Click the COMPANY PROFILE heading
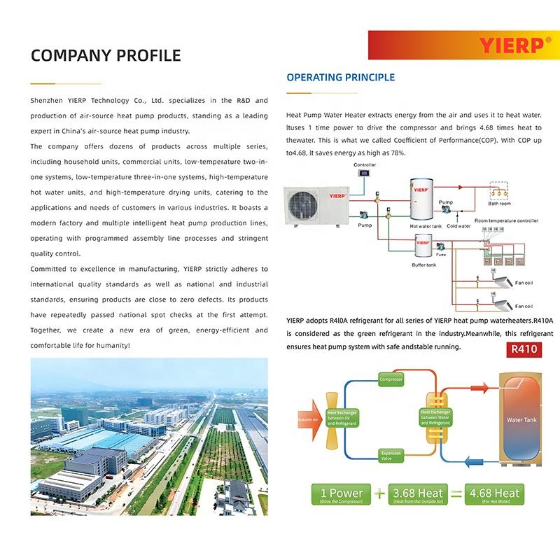[106, 55]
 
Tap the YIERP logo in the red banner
[511, 45]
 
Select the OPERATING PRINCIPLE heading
[341, 77]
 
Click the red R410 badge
[523, 349]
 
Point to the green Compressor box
[391, 380]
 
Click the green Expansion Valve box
[391, 456]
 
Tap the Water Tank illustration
[521, 420]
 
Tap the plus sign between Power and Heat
[379, 495]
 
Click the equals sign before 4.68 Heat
[456, 495]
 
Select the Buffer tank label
[423, 265]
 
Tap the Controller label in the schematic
[365, 165]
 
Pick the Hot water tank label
[426, 226]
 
